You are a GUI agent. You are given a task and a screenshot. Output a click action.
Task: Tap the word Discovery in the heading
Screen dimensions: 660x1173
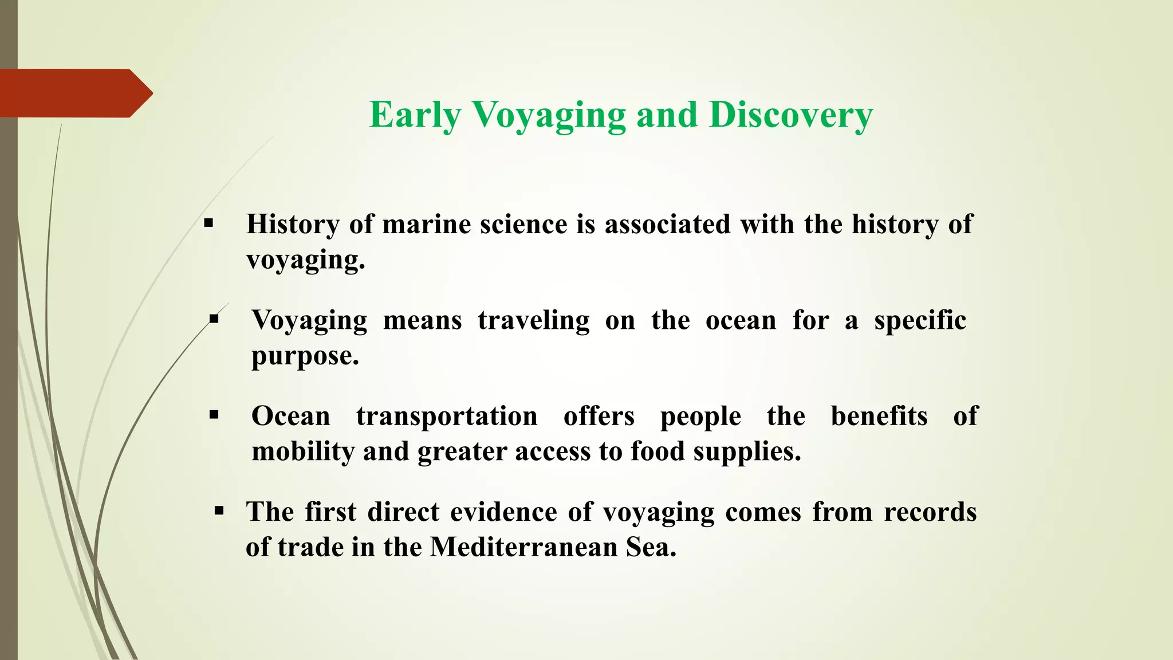point(790,115)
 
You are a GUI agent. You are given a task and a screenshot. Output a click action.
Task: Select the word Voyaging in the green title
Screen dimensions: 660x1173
point(549,115)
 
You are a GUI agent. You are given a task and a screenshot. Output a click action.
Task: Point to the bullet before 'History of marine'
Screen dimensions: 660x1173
point(208,223)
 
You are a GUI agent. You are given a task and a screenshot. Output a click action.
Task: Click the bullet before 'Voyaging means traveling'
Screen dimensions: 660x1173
point(214,319)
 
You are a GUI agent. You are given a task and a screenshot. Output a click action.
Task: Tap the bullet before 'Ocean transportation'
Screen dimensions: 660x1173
point(214,414)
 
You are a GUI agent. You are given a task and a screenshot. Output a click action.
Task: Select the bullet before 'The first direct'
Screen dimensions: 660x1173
point(219,509)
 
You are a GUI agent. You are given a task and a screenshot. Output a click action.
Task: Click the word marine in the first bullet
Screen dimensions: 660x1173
point(426,224)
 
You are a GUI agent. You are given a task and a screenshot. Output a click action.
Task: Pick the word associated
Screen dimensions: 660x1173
point(667,224)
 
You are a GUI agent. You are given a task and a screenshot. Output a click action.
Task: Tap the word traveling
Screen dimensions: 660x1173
point(533,320)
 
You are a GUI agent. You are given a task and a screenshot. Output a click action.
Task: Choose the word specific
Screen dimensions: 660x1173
point(920,320)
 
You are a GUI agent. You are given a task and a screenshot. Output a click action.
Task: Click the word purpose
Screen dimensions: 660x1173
point(305,356)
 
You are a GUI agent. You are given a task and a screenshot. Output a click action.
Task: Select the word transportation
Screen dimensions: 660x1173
point(447,416)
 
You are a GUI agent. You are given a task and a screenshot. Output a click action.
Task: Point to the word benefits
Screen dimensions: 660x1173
point(879,416)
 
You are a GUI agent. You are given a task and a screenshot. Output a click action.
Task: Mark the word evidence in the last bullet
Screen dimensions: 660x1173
point(503,512)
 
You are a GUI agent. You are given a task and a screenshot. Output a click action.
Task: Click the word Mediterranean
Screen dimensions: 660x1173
point(523,547)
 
